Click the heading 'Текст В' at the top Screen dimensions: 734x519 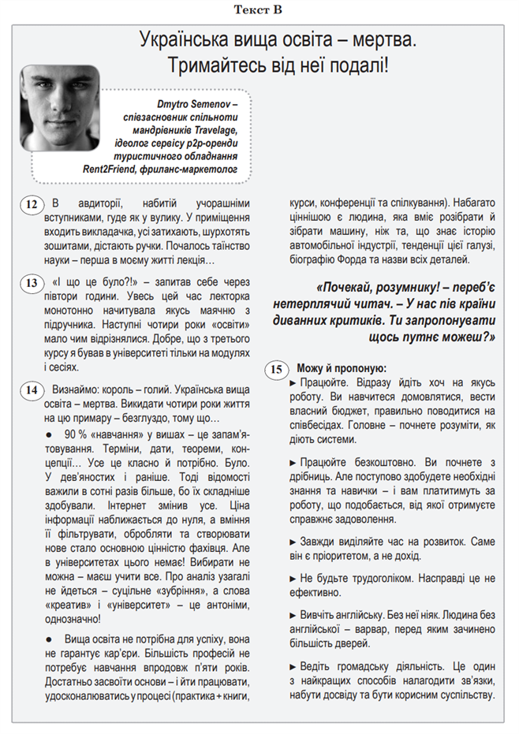pyautogui.click(x=259, y=9)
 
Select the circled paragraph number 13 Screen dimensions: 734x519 pyautogui.click(x=31, y=283)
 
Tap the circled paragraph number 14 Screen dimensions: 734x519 pyautogui.click(x=31, y=389)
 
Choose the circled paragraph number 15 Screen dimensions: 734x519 pyautogui.click(x=276, y=369)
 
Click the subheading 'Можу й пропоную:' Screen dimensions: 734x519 pyautogui.click(x=341, y=368)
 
